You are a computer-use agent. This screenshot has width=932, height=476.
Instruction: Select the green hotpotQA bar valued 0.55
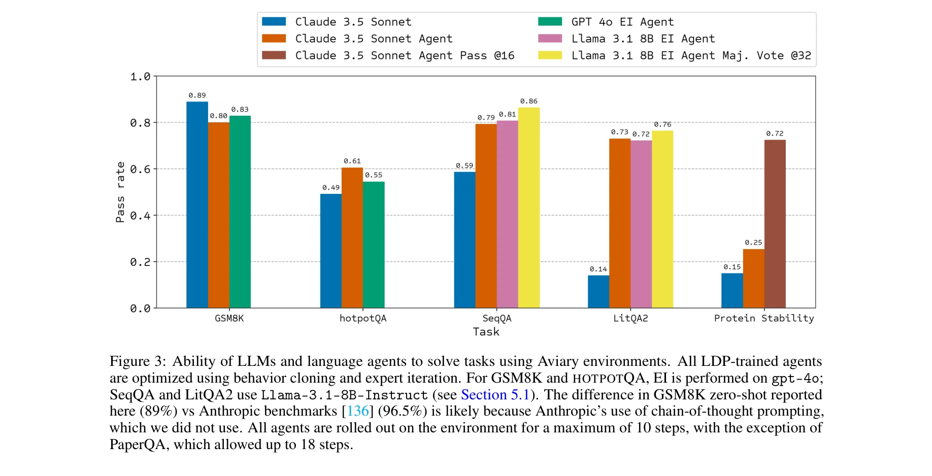click(374, 245)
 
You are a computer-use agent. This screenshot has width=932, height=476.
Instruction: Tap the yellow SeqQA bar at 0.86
click(529, 208)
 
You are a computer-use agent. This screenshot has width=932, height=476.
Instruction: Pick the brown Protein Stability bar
click(775, 224)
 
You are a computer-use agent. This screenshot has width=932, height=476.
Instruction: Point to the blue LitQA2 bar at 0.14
click(598, 291)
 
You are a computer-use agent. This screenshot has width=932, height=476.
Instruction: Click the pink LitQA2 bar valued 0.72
click(641, 224)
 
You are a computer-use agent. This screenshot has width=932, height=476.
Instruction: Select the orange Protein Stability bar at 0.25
click(753, 278)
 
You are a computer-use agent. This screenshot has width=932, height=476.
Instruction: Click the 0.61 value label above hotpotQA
click(352, 161)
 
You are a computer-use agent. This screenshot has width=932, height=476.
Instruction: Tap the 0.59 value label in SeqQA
click(464, 165)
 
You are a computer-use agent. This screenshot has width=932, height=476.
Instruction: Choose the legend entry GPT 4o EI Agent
click(622, 22)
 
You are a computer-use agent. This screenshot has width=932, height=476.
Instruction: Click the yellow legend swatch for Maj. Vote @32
click(550, 55)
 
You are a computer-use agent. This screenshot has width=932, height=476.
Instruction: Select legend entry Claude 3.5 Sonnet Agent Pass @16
click(405, 55)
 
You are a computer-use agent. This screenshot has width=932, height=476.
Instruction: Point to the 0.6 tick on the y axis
click(140, 169)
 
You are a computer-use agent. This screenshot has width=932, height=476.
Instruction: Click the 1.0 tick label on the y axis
click(140, 77)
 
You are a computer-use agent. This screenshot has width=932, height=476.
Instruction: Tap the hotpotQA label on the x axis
click(363, 318)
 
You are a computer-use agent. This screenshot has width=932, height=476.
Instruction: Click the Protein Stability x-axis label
click(763, 318)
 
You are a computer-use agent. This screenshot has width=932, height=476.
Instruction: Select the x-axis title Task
click(486, 331)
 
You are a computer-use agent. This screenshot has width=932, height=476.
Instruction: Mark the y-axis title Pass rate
click(120, 192)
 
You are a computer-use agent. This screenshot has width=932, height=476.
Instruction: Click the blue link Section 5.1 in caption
click(495, 395)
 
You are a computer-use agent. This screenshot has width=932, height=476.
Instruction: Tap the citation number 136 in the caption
click(358, 411)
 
